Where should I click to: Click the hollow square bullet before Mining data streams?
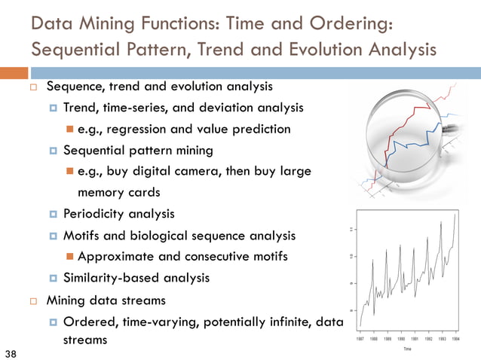point(34,301)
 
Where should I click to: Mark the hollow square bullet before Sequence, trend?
point(34,87)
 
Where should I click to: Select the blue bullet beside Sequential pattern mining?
point(54,151)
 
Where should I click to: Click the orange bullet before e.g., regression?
point(69,129)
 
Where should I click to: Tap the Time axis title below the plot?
point(407,349)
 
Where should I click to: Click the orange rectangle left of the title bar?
point(14,73)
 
